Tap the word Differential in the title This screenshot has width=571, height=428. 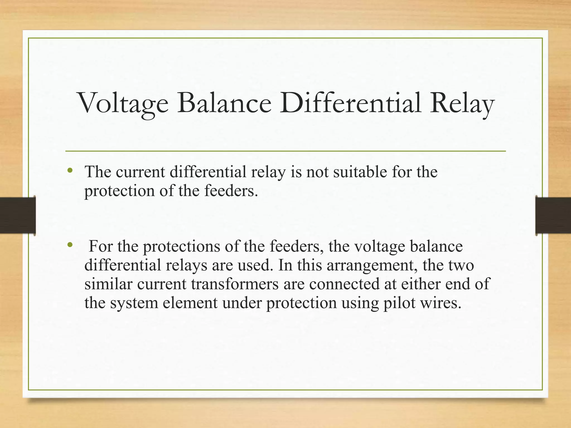[x=350, y=103]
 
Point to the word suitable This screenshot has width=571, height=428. [x=360, y=172]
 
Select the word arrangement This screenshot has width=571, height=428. [x=372, y=266]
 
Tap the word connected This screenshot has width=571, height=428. [x=344, y=284]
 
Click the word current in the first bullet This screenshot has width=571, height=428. [x=141, y=172]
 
